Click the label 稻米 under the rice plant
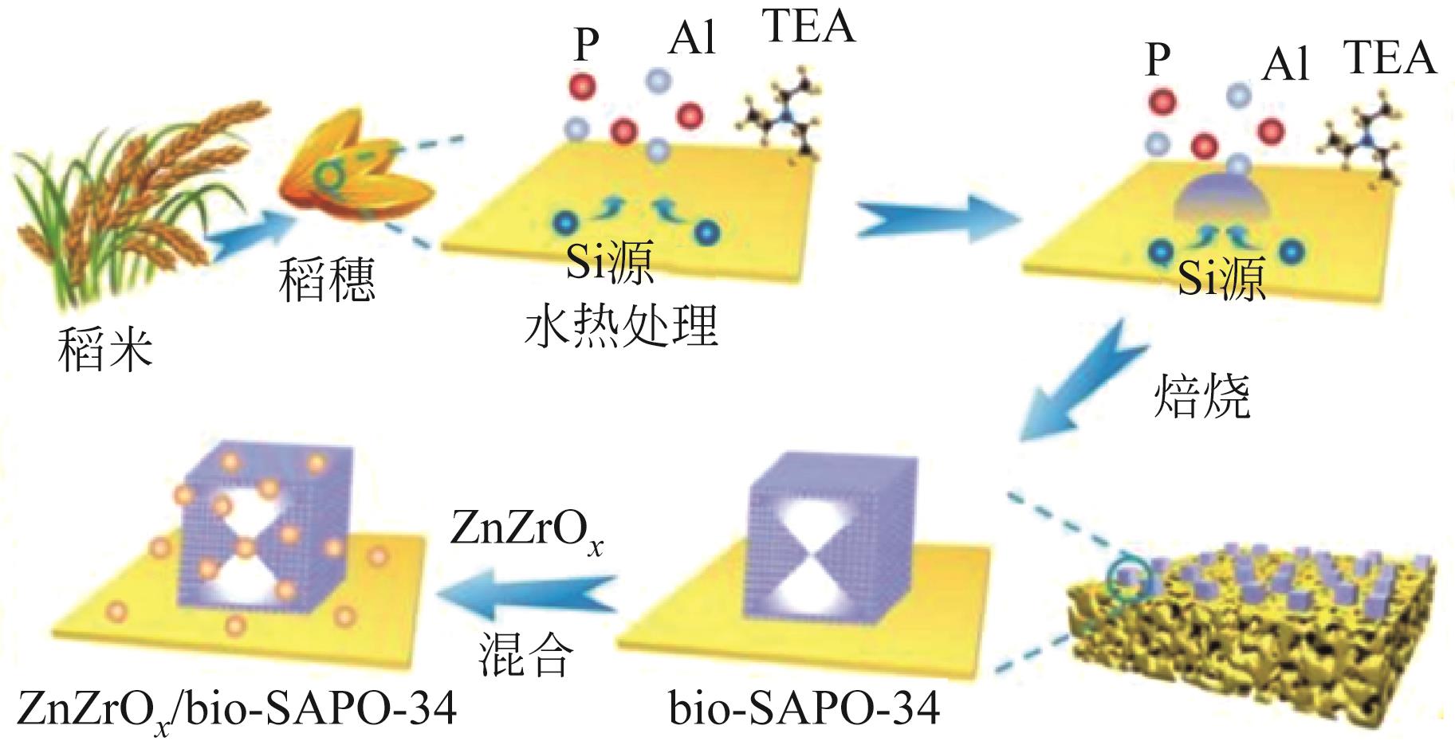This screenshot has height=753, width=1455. (x=104, y=351)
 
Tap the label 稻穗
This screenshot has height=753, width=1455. (x=326, y=281)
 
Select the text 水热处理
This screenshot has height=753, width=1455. (x=621, y=326)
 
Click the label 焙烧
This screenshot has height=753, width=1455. (x=1202, y=396)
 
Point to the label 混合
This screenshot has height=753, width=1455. (x=525, y=655)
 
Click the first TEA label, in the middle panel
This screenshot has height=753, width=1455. (x=808, y=25)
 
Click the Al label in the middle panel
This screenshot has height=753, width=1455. (x=692, y=40)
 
